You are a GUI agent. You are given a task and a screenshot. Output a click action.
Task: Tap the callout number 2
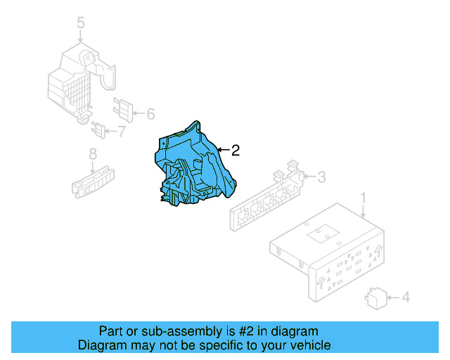pos(235,150)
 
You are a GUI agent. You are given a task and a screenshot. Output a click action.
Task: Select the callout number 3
pos(321,176)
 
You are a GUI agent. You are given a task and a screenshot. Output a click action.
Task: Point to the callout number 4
pos(405,298)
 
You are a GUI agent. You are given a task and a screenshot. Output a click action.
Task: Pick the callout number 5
pos(81,24)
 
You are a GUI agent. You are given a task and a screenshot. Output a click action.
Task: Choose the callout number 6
pos(150,113)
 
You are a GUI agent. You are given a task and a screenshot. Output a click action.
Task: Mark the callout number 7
pos(121,131)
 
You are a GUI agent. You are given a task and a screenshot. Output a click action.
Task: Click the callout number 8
pos(92,154)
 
